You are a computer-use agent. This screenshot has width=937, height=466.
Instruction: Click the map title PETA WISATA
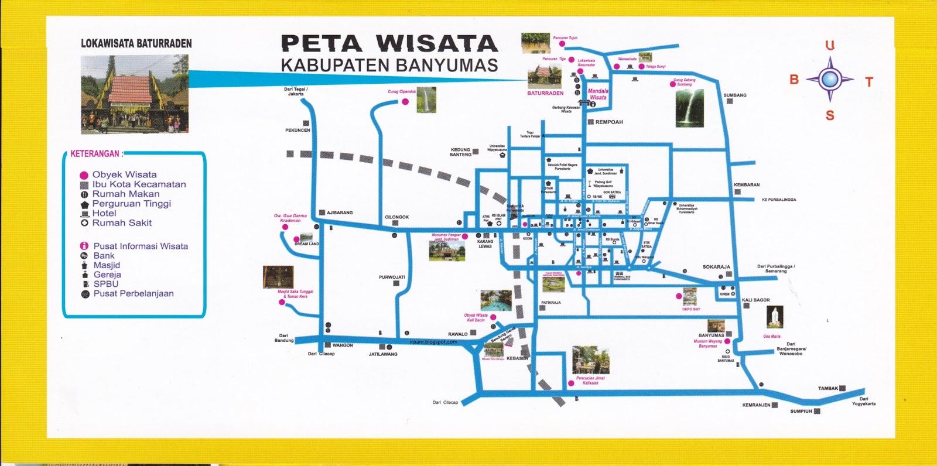[389, 44]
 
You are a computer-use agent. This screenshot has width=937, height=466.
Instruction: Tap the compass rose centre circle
[830, 78]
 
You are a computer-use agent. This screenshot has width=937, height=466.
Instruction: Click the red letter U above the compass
[830, 46]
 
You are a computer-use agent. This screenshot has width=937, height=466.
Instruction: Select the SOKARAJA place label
[716, 267]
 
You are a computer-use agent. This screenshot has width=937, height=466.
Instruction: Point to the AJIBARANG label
[340, 213]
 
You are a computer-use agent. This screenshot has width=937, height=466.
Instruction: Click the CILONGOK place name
[396, 217]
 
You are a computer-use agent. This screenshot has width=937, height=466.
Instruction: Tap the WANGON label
[343, 345]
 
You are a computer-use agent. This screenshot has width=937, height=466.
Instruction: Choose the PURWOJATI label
[392, 277]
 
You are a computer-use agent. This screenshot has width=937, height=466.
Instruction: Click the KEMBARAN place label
[747, 185]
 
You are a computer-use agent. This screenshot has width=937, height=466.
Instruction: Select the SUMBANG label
[735, 95]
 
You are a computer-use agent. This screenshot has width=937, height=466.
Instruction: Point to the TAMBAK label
[828, 388]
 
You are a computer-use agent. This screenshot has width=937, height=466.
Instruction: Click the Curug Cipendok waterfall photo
[426, 100]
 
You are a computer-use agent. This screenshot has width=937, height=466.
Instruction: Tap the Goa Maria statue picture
[775, 317]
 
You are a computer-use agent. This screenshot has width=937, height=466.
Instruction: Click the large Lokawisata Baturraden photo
[135, 94]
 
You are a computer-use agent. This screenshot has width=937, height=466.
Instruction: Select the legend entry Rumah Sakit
[122, 223]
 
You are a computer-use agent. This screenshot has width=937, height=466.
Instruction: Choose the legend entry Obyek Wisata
[124, 174]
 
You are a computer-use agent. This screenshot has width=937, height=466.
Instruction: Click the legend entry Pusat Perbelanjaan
[134, 294]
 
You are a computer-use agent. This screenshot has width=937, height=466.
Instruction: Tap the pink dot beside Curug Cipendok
[405, 102]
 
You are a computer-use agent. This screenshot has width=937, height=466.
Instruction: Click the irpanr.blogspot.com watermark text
[433, 342]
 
